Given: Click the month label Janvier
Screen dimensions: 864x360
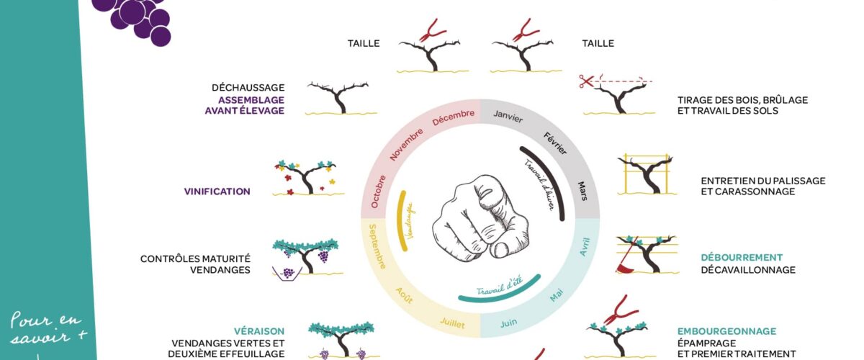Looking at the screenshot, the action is click(508, 116).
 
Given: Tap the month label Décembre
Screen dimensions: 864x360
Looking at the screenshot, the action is click(453, 117).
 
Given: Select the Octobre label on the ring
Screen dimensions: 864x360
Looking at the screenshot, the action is click(378, 192).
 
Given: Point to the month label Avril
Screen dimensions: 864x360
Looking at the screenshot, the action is click(585, 246).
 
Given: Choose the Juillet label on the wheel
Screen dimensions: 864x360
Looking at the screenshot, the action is click(452, 323).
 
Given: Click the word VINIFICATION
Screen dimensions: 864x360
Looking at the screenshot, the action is click(217, 192).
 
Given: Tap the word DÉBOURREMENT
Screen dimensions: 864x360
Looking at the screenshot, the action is click(742, 257).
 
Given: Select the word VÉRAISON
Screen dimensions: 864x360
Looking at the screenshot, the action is click(259, 331).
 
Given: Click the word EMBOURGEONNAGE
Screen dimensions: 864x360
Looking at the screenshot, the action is click(726, 331).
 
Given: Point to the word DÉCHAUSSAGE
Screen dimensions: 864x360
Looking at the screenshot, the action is click(248, 88).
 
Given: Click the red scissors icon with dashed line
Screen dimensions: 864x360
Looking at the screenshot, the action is click(586, 81).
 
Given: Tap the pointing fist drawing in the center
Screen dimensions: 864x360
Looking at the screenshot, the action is click(480, 219).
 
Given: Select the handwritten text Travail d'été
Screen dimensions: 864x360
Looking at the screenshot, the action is click(499, 286).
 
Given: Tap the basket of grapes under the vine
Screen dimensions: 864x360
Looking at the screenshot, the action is click(287, 273).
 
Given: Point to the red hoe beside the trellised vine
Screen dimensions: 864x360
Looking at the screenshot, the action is click(626, 256).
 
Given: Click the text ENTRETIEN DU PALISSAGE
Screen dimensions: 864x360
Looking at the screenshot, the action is click(763, 181).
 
